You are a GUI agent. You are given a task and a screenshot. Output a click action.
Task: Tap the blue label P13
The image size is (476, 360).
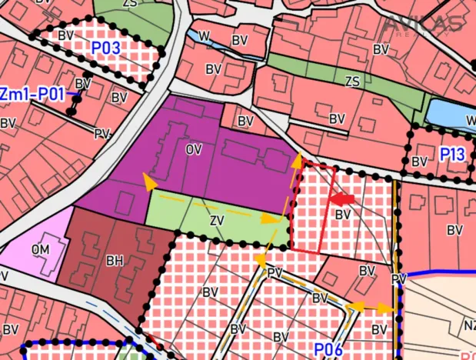coord(452,155)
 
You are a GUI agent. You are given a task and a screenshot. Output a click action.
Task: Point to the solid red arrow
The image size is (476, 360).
coord(342,198)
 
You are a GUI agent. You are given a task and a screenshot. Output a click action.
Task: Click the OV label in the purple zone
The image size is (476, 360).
coord(193,149)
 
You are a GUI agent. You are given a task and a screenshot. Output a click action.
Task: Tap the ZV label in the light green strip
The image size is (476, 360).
coord(217,220)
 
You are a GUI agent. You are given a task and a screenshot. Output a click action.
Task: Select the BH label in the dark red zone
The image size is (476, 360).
coord(115,261)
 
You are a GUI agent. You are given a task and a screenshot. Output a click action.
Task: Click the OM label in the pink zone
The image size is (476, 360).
coord(40,250)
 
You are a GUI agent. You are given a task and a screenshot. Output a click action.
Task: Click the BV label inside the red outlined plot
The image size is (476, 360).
coord(343,213)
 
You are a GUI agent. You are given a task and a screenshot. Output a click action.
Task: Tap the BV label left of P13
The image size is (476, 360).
coord(419,162)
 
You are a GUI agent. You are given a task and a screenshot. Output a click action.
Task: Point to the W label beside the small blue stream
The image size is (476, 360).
coord(204,35)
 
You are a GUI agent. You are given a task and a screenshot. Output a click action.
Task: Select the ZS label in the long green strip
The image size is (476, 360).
coord(353,82)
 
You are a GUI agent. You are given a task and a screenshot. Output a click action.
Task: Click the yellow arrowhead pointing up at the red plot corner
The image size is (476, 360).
coord(298,160)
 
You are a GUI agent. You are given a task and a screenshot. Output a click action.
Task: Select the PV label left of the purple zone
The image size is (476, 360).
coord(101,133)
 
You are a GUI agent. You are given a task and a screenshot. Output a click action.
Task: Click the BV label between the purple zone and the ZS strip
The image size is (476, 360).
coord(246,121)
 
